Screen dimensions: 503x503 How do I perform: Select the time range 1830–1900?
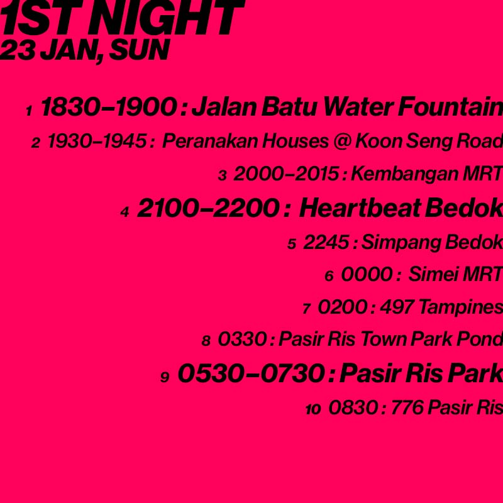point(109,107)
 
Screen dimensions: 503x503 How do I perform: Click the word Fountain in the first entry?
point(450,107)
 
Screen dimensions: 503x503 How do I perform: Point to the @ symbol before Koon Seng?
point(342,141)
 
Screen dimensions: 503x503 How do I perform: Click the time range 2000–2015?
point(287,174)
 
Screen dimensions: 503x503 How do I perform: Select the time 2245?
point(326,242)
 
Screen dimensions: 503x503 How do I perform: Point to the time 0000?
point(367,274)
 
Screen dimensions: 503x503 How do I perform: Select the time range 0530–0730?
point(251,373)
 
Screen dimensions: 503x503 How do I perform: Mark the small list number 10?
point(313,409)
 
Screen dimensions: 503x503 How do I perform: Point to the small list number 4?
point(124,212)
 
